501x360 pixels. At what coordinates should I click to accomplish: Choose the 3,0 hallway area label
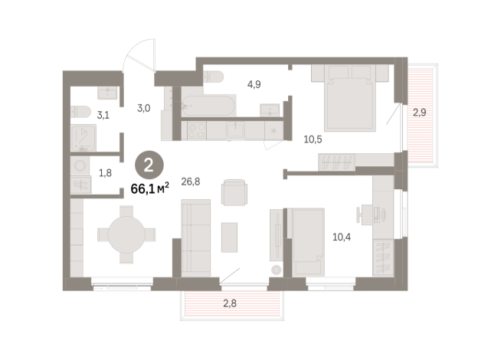point(142,107)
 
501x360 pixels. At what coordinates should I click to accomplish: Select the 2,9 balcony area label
point(421,112)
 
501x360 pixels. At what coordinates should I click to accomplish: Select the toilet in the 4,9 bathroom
point(212,76)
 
